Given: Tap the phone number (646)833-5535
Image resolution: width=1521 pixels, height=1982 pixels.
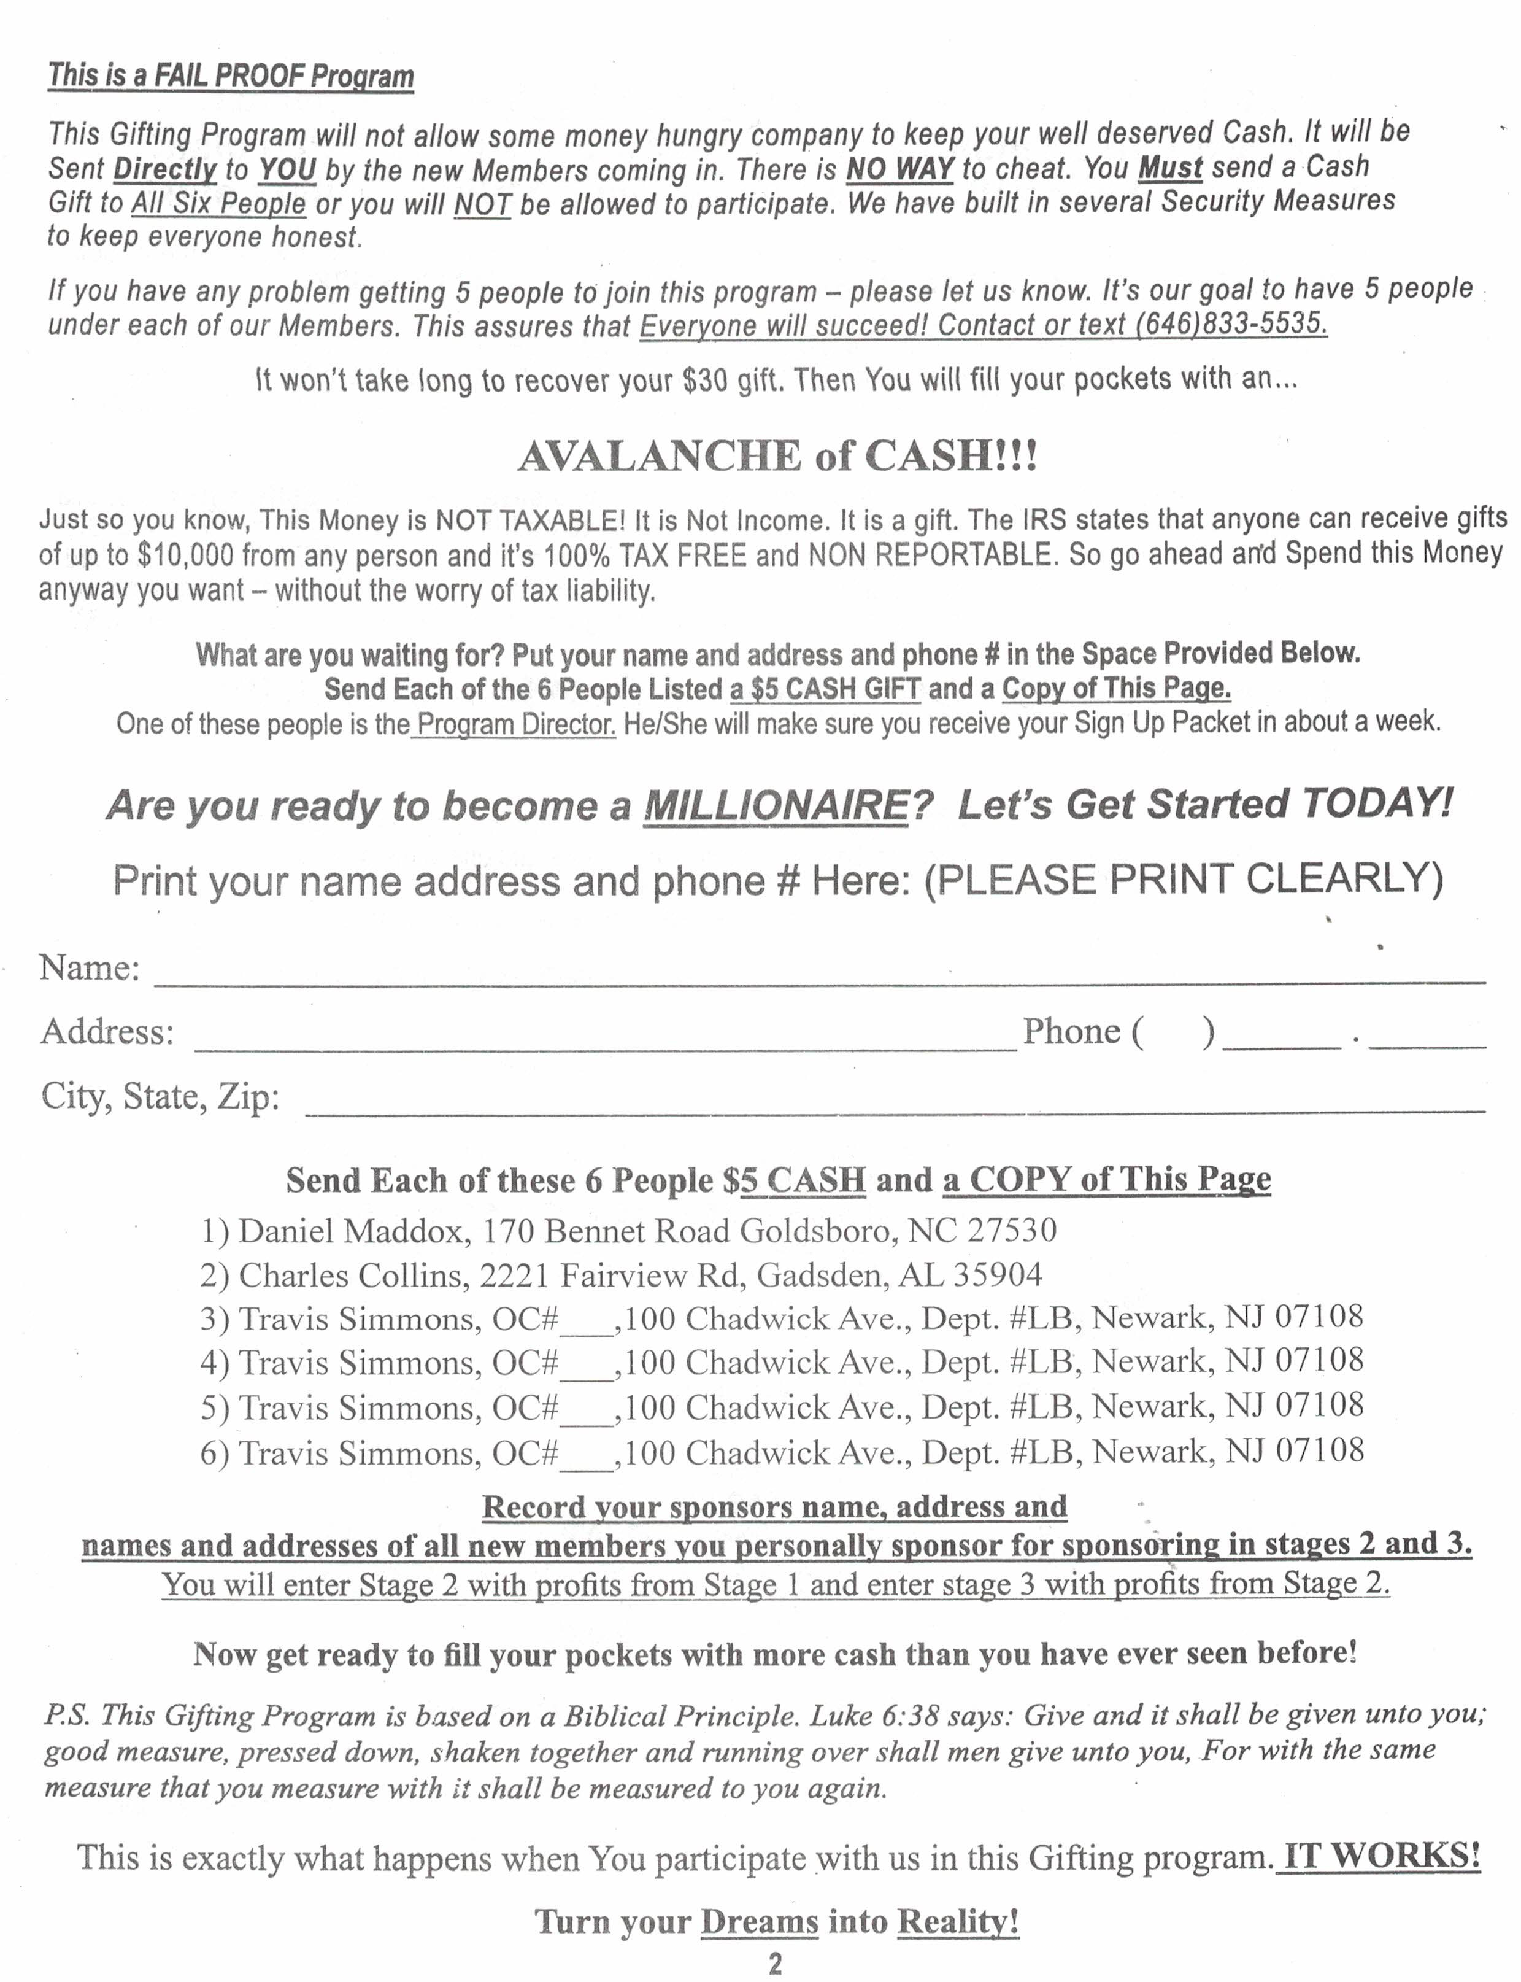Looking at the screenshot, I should pos(1231,324).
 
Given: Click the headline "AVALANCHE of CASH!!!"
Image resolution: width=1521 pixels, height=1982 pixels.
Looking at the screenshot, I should pos(777,455).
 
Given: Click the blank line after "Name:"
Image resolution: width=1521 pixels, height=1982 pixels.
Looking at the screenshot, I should pos(819,974).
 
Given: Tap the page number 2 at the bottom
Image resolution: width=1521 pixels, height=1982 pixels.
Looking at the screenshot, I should pos(775,1964).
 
